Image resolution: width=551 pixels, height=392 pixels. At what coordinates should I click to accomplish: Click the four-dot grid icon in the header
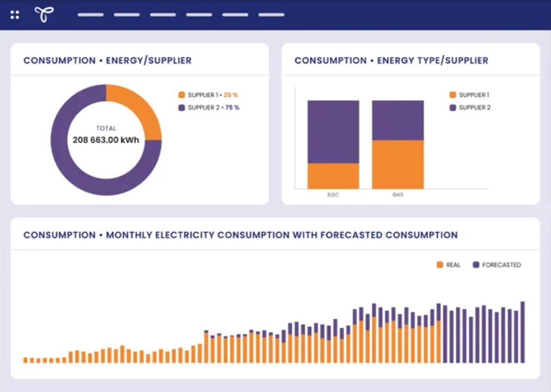15,15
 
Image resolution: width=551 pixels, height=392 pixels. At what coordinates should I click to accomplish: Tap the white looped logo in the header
44,15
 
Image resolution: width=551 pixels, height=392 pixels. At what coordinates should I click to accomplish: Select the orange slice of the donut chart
139,109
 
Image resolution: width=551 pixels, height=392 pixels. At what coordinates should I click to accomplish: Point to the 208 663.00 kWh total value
106,140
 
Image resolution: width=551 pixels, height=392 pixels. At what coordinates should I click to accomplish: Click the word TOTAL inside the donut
106,128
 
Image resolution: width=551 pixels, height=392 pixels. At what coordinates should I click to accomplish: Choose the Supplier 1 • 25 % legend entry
209,95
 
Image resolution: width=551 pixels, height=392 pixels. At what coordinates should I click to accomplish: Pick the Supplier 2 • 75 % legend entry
209,108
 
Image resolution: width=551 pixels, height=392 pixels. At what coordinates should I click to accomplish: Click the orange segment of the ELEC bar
333,176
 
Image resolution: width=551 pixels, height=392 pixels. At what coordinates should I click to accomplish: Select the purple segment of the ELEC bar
333,132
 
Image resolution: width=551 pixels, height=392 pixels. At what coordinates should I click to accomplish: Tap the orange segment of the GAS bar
397,164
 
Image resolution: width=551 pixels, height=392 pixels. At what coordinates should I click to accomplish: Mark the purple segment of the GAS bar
397,120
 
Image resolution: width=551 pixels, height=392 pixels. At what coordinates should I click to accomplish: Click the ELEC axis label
333,194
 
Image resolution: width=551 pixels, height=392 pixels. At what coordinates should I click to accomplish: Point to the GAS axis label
397,194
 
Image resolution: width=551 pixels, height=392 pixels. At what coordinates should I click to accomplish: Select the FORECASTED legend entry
497,265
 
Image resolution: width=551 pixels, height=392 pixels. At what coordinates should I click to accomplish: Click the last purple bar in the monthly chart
523,332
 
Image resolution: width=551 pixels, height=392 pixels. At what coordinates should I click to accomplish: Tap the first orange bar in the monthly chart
26,360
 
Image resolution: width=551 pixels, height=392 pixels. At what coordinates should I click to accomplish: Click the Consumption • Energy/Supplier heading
107,60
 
